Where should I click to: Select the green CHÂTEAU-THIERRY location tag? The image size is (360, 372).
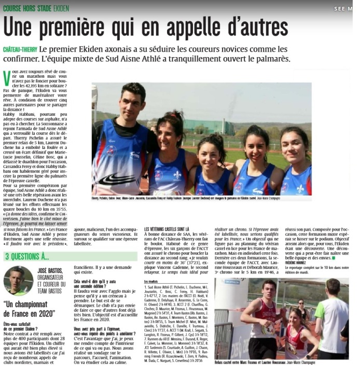tap(20, 49)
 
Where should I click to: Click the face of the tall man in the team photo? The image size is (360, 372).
tap(132, 99)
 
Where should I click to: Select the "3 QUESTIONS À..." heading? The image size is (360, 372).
tap(27, 256)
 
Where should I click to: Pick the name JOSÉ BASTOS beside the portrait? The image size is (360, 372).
tap(50, 270)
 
